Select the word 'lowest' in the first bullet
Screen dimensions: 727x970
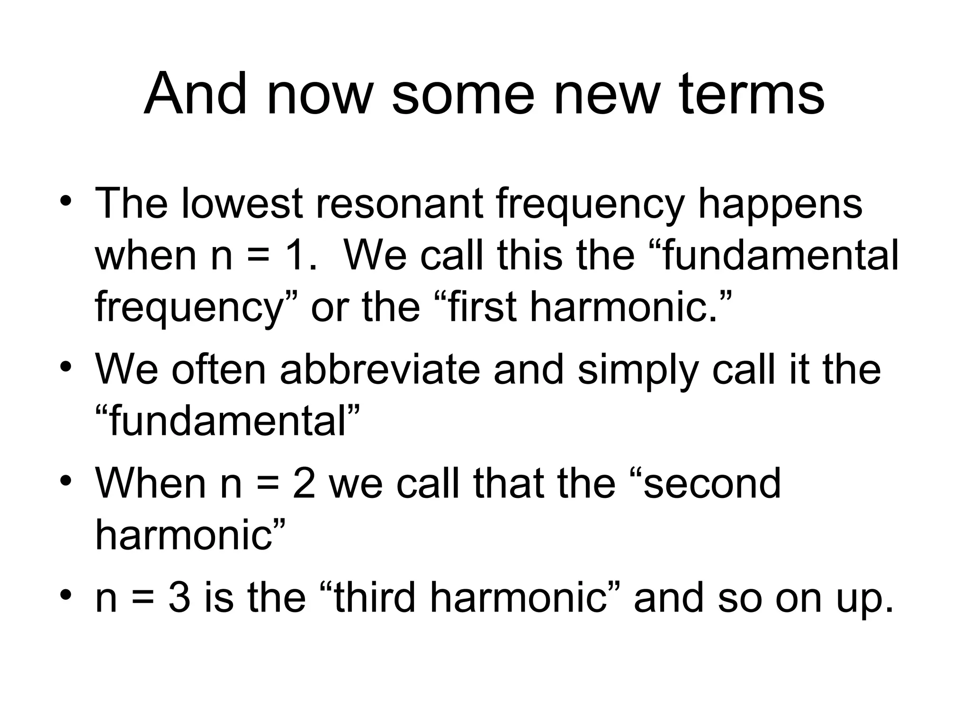[x=242, y=204]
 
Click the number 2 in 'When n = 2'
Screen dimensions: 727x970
[x=304, y=483]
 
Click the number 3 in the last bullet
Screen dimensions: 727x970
[x=180, y=597]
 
